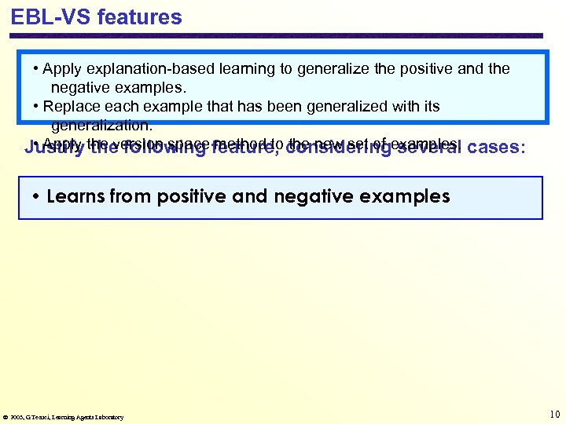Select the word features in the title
[140, 17]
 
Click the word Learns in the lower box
[75, 196]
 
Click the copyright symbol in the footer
[7, 417]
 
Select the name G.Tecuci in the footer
[39, 417]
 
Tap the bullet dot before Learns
[37, 197]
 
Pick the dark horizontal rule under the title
[275, 35]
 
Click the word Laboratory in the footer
[108, 417]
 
